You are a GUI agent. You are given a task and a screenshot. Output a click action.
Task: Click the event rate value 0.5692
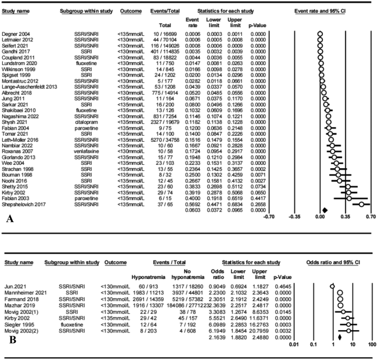(x=192, y=189)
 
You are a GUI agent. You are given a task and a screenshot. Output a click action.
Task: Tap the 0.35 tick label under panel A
(x=346, y=202)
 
